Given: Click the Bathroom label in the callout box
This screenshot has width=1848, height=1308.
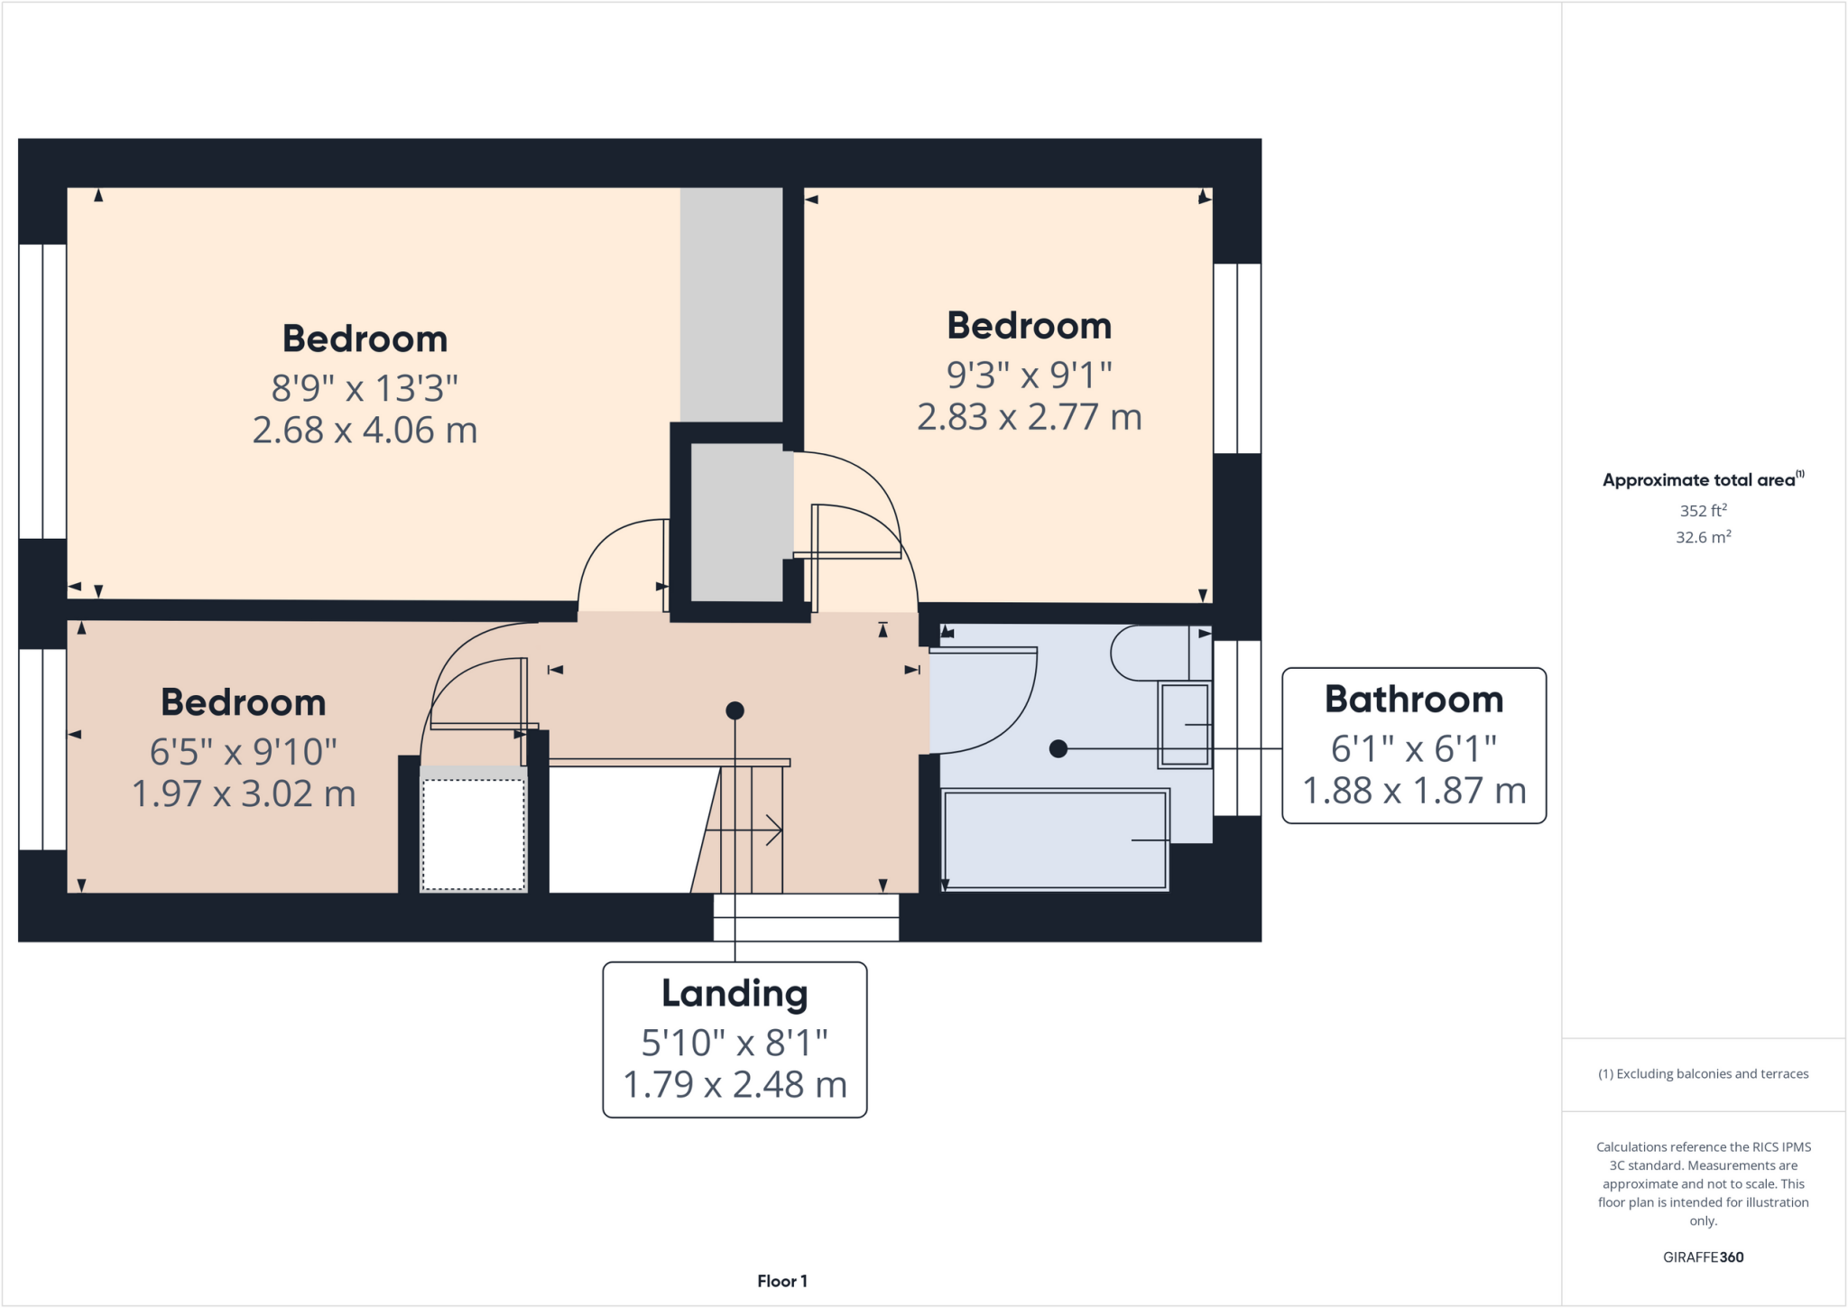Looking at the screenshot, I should [x=1413, y=700].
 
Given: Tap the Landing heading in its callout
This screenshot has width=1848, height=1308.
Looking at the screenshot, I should [x=735, y=994].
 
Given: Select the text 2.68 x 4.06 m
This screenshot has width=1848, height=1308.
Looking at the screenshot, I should [x=365, y=431].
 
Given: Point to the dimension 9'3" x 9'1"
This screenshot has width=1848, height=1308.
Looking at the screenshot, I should [x=1029, y=374].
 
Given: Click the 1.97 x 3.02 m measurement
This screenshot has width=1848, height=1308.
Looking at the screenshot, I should [x=244, y=794].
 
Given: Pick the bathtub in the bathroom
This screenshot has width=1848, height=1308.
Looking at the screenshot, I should [x=1054, y=840].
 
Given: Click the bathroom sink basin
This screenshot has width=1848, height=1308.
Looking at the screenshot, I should [x=1184, y=726].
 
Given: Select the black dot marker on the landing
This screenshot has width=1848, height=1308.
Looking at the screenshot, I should [x=735, y=711].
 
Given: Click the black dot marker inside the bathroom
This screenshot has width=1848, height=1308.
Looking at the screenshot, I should [x=1058, y=748].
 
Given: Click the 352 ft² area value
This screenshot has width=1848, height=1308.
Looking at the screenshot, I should [x=1703, y=511].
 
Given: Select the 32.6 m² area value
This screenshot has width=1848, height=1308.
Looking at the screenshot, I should [x=1703, y=537].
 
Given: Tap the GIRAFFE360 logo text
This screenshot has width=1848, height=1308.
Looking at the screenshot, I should [x=1703, y=1257].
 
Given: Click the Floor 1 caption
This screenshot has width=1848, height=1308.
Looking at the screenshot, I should [x=781, y=1281].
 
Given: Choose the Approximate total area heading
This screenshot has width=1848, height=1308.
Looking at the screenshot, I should [x=1701, y=480].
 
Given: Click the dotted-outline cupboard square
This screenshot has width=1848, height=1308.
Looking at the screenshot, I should [x=474, y=834].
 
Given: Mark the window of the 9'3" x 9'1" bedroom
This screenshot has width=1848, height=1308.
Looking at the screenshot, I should [x=1236, y=358].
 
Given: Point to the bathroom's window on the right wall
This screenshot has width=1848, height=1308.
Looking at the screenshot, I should [x=1236, y=728].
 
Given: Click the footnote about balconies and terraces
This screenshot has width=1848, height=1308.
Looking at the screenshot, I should [x=1703, y=1074].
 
